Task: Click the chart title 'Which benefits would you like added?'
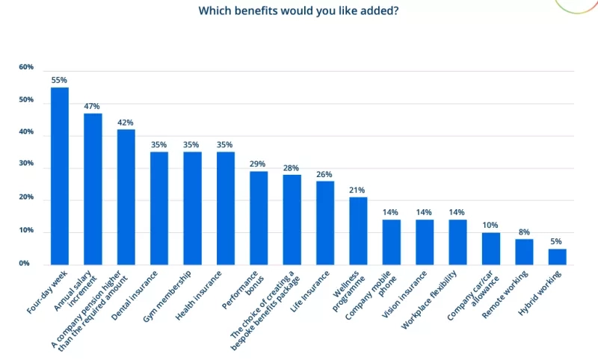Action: pos(298,11)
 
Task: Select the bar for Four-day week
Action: pos(60,176)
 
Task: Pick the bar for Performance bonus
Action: pos(259,217)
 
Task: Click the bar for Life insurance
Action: pos(325,223)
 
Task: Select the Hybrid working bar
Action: pos(557,256)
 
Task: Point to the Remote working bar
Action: pos(524,251)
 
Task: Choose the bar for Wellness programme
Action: pos(358,230)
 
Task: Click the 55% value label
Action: pos(60,80)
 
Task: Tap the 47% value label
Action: pos(93,106)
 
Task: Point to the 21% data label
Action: pos(358,190)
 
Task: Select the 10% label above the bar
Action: pos(491,226)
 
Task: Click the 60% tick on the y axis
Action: pos(26,67)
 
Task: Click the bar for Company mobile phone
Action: pos(392,241)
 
